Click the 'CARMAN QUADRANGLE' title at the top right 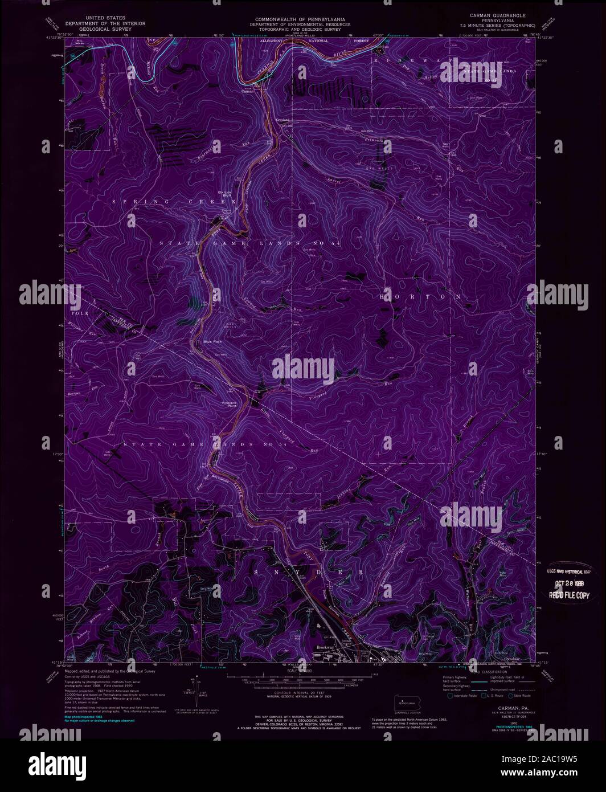tap(498, 15)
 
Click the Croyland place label tap(283, 120)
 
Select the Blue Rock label tap(211, 342)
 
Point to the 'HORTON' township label tap(420, 297)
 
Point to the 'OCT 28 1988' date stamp tap(570, 585)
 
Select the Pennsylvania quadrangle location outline tap(404, 703)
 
